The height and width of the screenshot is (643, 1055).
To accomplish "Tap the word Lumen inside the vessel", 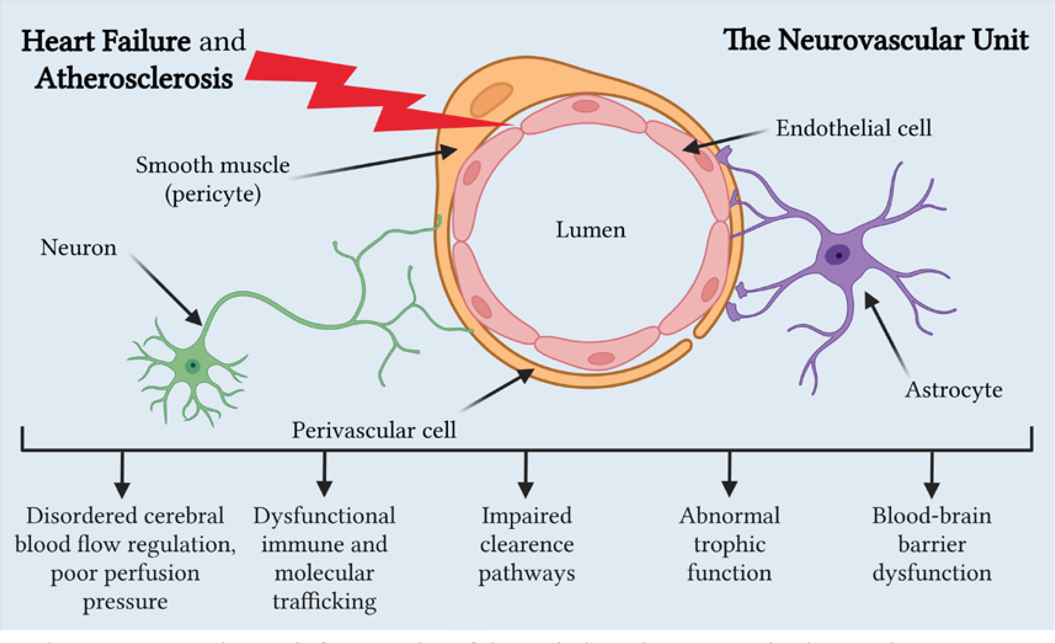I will [590, 230].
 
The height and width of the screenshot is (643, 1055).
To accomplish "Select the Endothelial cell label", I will [853, 128].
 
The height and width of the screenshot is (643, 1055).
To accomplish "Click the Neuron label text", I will [78, 248].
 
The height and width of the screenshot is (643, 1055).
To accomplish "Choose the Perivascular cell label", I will [374, 430].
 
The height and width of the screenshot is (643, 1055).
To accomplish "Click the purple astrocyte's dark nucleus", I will [837, 255].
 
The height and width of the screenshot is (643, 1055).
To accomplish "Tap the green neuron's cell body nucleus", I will [193, 365].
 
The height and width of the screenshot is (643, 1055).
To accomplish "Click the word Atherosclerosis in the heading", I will [134, 79].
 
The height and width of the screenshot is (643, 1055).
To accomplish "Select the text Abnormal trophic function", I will [729, 544].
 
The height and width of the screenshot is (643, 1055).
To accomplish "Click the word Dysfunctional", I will [324, 516].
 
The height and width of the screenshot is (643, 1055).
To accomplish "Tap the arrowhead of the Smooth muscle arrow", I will [450, 151].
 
